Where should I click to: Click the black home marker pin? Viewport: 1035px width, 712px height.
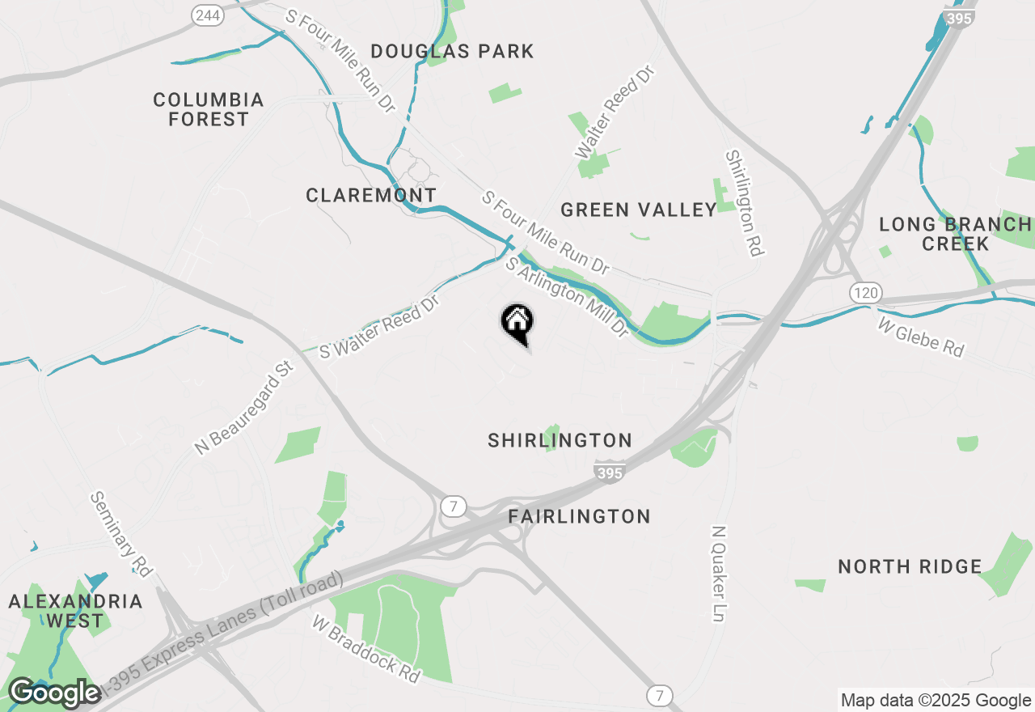(517, 323)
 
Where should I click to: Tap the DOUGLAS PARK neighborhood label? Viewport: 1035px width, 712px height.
(453, 52)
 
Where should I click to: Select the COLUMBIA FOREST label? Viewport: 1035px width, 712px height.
(209, 109)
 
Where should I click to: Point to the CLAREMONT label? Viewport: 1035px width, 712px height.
(371, 196)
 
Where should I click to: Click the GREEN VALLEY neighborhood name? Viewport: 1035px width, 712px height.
(639, 210)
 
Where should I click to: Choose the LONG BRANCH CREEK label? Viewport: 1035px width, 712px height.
(955, 234)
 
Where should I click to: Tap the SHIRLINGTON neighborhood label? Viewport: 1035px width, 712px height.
(560, 441)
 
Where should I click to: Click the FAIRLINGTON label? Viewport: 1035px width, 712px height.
(579, 517)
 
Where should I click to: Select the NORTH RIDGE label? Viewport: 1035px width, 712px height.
(910, 567)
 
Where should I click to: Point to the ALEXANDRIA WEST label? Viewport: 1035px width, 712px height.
(75, 612)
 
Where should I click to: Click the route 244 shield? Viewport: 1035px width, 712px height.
(208, 16)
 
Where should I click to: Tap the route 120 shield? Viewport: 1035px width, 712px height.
(866, 292)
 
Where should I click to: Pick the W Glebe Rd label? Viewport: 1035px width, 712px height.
(921, 337)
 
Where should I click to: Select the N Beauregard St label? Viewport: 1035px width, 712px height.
(244, 407)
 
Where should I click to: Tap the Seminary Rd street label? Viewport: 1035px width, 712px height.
(121, 534)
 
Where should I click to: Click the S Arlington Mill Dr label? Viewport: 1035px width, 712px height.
(566, 297)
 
